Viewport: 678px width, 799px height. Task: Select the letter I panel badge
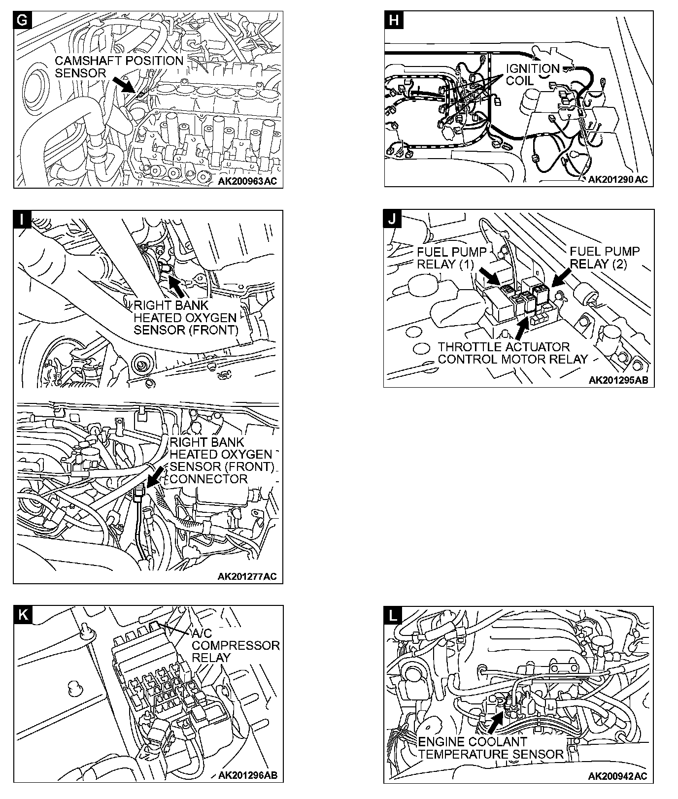pyautogui.click(x=22, y=219)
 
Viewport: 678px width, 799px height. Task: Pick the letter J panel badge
pyautogui.click(x=392, y=219)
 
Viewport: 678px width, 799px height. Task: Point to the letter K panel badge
pyautogui.click(x=22, y=614)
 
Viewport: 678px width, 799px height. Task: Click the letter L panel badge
pyautogui.click(x=393, y=614)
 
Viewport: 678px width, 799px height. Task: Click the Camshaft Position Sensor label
pyautogui.click(x=118, y=67)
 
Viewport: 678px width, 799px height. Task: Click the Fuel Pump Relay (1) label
pyautogui.click(x=451, y=258)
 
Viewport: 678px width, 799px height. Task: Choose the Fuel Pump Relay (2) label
pyautogui.click(x=605, y=258)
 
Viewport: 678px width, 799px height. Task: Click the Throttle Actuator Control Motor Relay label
pyautogui.click(x=512, y=353)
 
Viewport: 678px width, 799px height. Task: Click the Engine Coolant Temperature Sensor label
pyautogui.click(x=490, y=748)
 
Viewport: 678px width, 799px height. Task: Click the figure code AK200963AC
pyautogui.click(x=247, y=181)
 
